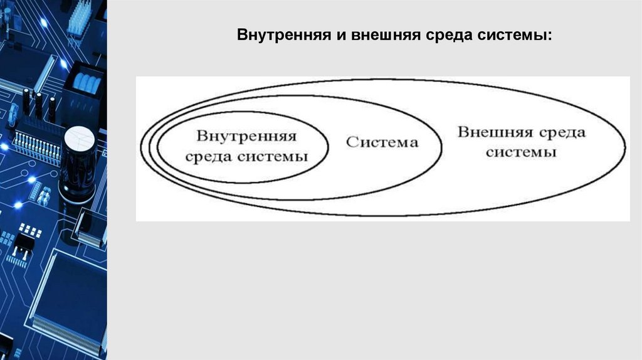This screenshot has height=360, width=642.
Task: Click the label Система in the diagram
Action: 382,142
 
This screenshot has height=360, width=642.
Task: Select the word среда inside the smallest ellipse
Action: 211,156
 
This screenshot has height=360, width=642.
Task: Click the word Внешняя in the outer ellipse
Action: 494,132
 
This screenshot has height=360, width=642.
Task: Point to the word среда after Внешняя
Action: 562,132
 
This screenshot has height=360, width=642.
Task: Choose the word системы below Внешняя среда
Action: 522,152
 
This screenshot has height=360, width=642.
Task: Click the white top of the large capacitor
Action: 78,136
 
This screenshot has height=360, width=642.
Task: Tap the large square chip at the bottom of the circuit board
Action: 68,295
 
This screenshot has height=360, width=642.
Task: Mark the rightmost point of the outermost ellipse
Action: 625,149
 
